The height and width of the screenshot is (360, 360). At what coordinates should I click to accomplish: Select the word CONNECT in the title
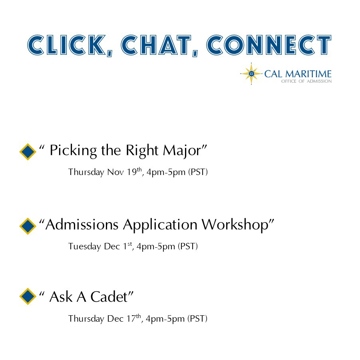(269, 45)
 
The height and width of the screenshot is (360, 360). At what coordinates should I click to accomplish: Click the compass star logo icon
(251, 74)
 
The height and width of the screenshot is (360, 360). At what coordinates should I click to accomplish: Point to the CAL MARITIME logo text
(298, 74)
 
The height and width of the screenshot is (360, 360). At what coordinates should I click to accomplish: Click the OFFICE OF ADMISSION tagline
(306, 81)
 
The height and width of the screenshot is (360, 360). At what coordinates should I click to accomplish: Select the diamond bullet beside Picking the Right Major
(28, 151)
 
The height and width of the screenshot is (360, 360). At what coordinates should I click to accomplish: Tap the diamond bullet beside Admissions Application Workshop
(28, 226)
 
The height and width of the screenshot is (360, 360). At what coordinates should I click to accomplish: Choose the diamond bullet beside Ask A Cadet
(28, 296)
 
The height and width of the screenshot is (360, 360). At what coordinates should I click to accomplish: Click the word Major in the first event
(182, 151)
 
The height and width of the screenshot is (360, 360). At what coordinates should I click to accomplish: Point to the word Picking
(73, 151)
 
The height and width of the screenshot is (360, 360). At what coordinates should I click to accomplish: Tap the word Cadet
(109, 296)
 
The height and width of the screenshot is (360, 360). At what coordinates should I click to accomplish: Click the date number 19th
(135, 171)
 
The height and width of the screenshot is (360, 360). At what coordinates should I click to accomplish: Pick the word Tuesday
(85, 247)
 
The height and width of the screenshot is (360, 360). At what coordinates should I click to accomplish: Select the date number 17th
(134, 318)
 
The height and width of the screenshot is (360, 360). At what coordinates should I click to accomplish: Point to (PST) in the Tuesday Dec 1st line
(188, 247)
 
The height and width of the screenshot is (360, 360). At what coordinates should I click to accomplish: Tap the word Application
(160, 225)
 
